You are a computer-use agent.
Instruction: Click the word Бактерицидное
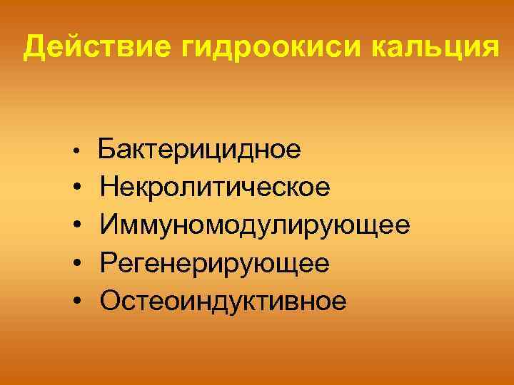click(199, 150)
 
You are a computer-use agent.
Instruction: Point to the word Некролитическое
click(215, 188)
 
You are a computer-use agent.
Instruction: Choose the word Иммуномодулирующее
click(255, 226)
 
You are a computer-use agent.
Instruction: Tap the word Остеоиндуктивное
click(223, 301)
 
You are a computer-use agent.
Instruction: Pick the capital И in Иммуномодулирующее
click(111, 226)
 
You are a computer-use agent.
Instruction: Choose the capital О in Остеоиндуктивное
click(111, 301)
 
